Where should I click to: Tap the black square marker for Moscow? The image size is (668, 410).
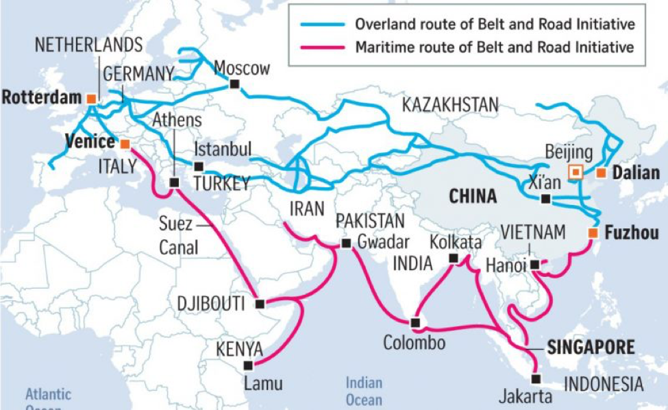tap(235, 84)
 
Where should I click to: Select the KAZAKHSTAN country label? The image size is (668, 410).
tap(449, 105)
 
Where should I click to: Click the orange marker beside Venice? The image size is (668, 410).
tap(125, 144)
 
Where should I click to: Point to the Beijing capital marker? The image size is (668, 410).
tap(576, 172)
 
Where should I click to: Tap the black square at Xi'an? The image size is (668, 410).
tap(545, 200)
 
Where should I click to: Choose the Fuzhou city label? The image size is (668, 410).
tap(631, 233)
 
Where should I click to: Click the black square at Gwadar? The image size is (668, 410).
tap(344, 243)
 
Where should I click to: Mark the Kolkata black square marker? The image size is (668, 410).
tap(452, 258)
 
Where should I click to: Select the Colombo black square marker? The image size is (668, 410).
tap(415, 322)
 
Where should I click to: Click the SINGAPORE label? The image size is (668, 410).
tap(591, 347)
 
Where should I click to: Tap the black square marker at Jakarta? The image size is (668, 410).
tap(536, 378)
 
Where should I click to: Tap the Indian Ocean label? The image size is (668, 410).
tap(364, 391)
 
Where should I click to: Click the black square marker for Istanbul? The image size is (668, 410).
tap(199, 166)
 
